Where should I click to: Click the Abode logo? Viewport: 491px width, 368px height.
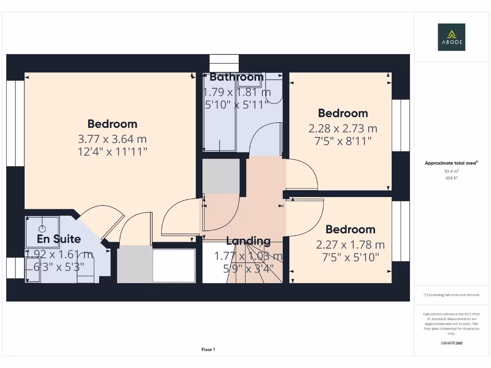point(451,37)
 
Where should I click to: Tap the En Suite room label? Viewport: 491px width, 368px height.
point(59,239)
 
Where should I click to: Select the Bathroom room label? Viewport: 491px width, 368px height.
point(236,77)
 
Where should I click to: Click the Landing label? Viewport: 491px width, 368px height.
point(248,241)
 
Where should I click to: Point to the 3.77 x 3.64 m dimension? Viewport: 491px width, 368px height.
point(112,139)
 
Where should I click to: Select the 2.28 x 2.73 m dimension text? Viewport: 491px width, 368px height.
point(343,128)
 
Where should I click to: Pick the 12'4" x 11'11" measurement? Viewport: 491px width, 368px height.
point(112,152)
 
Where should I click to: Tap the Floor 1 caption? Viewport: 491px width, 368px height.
point(208,350)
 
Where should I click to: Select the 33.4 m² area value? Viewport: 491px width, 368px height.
point(451,171)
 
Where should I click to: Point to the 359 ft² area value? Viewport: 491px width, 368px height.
point(451,178)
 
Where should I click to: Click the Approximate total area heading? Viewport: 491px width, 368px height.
point(451,163)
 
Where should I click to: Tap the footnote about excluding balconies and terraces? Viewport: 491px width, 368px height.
point(451,295)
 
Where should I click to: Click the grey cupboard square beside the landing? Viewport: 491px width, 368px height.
point(221,176)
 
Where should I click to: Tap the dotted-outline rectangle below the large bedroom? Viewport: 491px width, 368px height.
point(174,265)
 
